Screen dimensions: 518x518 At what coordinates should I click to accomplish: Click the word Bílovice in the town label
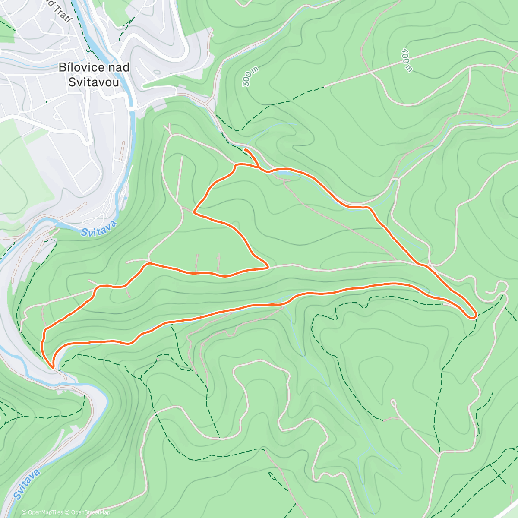pos(81,67)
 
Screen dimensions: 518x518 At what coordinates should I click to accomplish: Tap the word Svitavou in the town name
pos(94,82)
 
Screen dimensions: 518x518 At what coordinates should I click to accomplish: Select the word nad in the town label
pos(119,67)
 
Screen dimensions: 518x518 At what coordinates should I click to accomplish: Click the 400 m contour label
pos(406,60)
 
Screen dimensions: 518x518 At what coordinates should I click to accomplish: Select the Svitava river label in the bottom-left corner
pos(27,484)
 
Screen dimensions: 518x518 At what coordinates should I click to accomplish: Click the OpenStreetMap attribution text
pos(90,512)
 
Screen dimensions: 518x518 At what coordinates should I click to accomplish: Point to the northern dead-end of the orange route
pos(245,149)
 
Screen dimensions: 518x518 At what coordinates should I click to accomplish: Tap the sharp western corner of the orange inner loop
pos(194,212)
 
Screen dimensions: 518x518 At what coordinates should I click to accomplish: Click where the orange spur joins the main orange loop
pos(259,168)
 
